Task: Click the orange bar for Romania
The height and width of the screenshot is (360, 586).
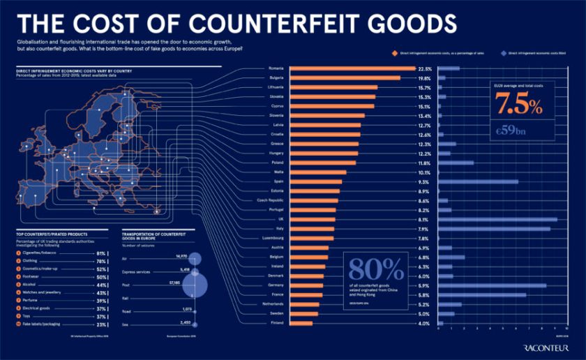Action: pos(352,69)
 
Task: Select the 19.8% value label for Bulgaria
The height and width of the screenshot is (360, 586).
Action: pos(424,78)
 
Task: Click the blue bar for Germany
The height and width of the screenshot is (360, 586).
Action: pos(492,285)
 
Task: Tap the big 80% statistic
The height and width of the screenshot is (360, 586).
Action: pos(375,270)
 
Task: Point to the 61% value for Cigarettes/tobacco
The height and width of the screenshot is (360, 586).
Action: pos(101,253)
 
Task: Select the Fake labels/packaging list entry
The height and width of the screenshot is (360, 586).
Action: pos(46,325)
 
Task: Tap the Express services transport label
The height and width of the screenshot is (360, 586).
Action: pos(137,270)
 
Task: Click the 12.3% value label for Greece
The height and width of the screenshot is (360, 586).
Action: pos(424,144)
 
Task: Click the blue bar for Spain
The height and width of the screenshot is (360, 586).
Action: pos(478,182)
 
